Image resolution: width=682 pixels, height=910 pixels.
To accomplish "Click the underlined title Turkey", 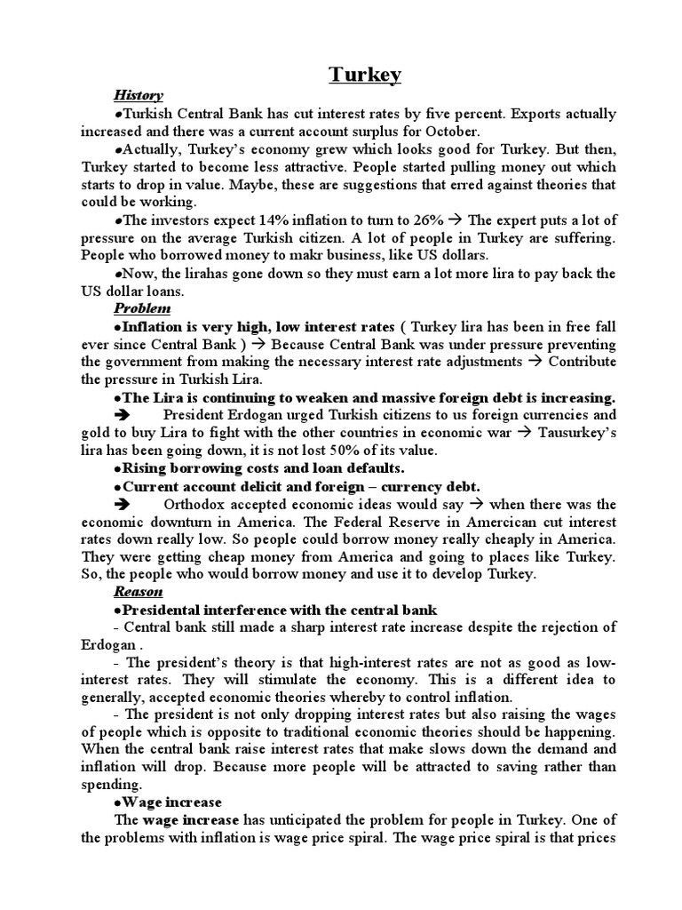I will click(365, 75).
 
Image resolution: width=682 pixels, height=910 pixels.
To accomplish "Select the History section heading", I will click(138, 95).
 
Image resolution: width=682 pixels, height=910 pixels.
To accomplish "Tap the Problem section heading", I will click(142, 308).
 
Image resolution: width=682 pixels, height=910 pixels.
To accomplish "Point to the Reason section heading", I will click(139, 592).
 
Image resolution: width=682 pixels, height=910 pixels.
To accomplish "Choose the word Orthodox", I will click(196, 504).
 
